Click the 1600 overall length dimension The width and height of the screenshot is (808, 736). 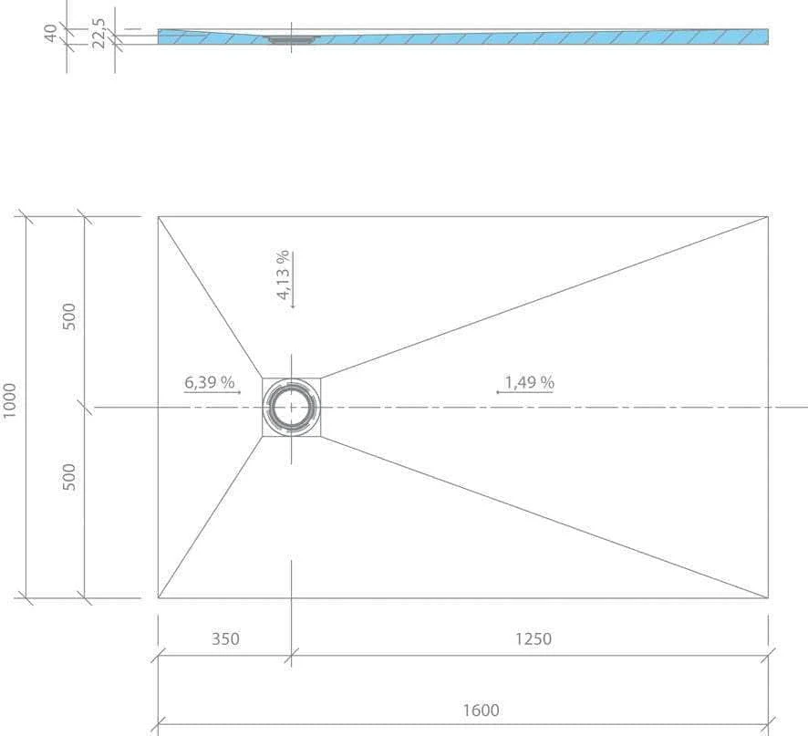[x=481, y=710]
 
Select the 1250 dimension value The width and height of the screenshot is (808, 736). [x=533, y=639]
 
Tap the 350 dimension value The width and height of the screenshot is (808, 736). [x=225, y=639]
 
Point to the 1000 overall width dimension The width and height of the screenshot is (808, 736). [x=10, y=400]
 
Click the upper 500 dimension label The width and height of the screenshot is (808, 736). [x=68, y=316]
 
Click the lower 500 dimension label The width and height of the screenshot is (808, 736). [x=68, y=477]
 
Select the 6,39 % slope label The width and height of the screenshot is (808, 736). [x=210, y=382]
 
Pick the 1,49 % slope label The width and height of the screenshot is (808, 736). [x=529, y=382]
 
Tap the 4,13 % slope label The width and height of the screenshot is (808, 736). [x=283, y=275]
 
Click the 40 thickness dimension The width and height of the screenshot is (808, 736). [x=50, y=33]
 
